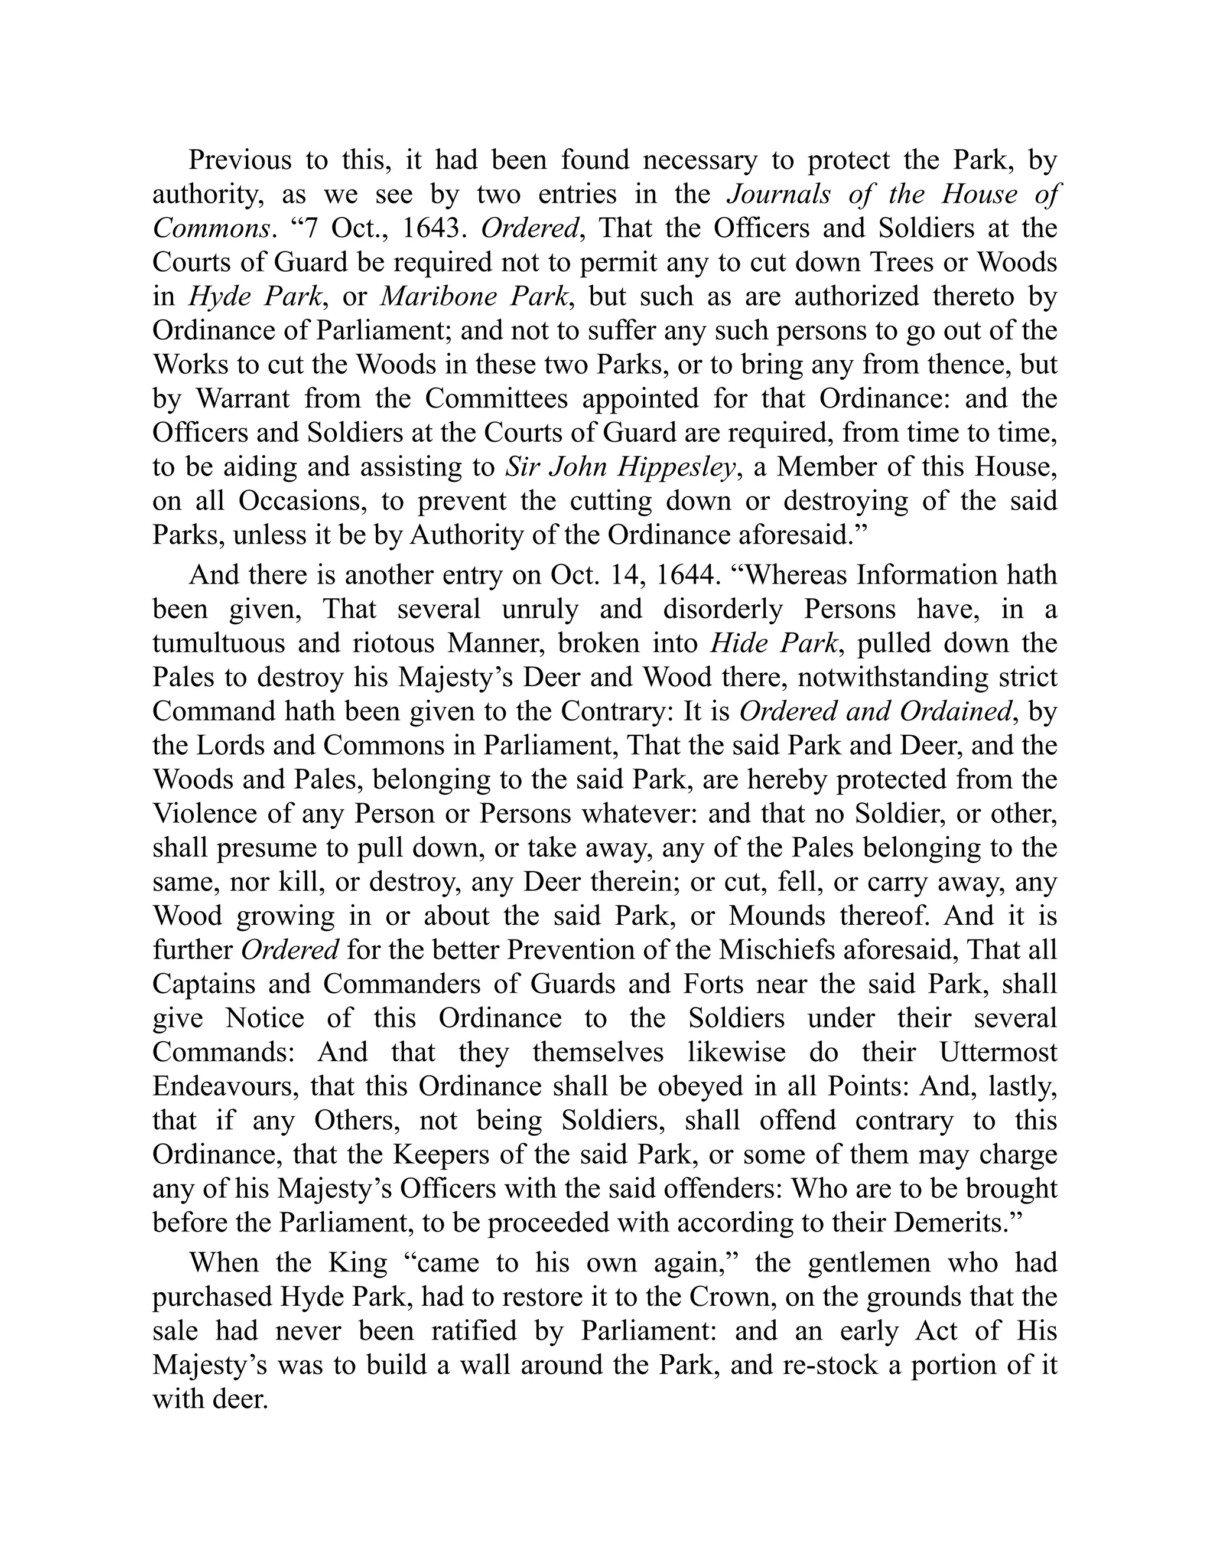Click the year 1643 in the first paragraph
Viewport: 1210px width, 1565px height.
pos(430,229)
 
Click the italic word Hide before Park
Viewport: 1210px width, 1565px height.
pos(735,644)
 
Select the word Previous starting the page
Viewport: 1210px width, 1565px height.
pos(240,161)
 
